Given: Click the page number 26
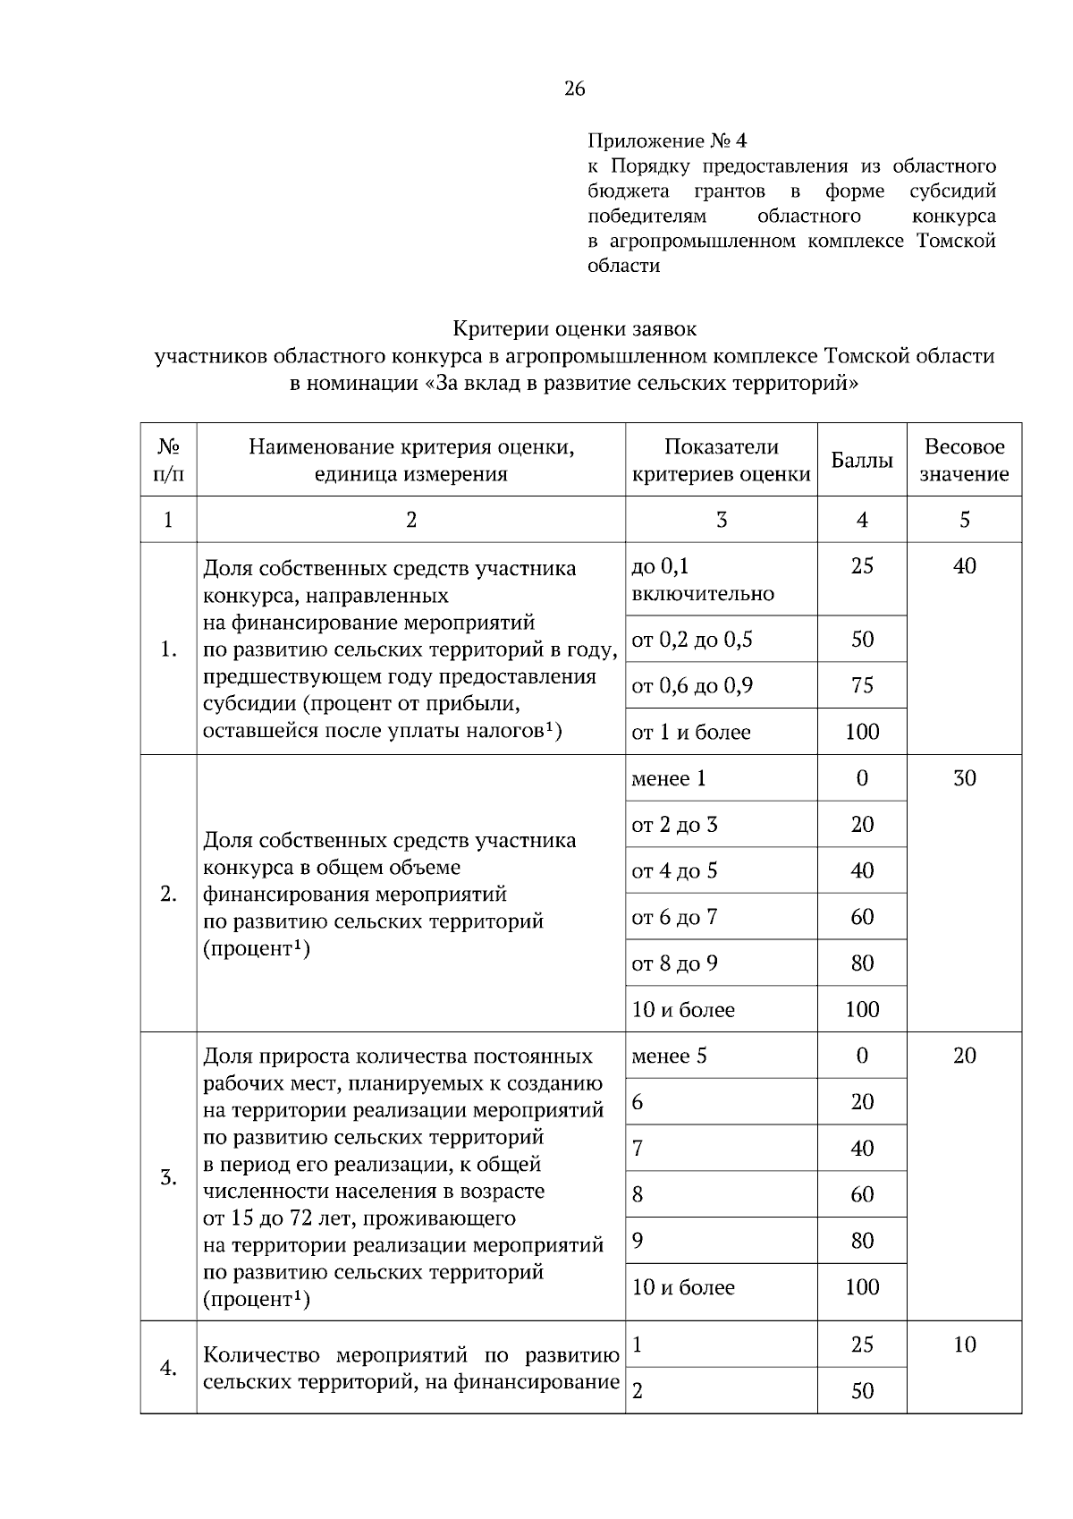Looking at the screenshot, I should (574, 89).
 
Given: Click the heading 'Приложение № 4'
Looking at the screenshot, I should (666, 141).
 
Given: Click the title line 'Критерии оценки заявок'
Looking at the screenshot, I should (574, 329).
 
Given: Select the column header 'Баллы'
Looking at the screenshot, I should (861, 461).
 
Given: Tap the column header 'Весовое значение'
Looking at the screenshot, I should (964, 461).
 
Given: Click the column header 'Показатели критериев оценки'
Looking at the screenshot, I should (721, 461).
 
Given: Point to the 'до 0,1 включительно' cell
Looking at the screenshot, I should (703, 580).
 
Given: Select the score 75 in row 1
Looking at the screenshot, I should (862, 686).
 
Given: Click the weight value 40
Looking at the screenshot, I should (964, 566).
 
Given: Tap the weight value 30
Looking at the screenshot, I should (964, 778).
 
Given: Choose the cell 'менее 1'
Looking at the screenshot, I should (669, 778).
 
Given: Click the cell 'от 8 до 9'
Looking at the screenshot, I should (674, 963).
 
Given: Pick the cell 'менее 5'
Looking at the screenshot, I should (669, 1056).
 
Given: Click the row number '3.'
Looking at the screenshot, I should (168, 1177).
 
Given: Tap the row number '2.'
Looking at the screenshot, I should (168, 894).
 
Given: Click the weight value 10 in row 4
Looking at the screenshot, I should (964, 1345).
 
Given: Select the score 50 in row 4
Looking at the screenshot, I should (862, 1391).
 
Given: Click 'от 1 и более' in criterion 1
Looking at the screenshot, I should (690, 733).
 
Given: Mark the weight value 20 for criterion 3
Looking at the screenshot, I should (964, 1056).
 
